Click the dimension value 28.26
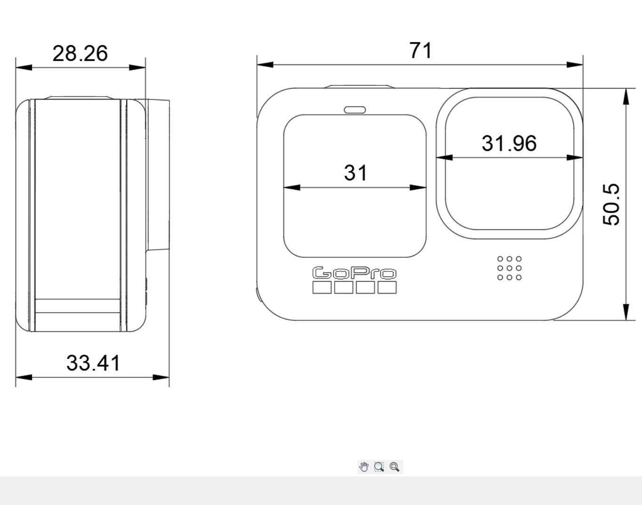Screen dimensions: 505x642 [x=80, y=53]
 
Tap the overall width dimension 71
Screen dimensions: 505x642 [x=420, y=50]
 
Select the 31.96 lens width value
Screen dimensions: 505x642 [x=509, y=143]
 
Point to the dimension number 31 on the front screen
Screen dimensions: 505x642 [x=355, y=172]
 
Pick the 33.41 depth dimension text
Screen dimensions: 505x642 [x=93, y=363]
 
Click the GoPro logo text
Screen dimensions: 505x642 [x=354, y=273]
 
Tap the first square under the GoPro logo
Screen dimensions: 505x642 [x=322, y=287]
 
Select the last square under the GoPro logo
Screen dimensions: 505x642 [x=387, y=287]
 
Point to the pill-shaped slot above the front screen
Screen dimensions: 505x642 [x=354, y=110]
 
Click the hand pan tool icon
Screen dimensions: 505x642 [x=364, y=467]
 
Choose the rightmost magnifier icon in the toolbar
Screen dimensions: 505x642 [x=395, y=467]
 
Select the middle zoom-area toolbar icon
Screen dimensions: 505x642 [x=379, y=467]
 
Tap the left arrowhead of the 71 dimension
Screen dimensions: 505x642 [x=265, y=64]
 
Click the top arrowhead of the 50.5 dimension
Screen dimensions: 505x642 [x=626, y=96]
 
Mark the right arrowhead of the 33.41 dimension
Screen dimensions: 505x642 [x=161, y=377]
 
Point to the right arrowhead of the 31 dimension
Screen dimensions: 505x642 [x=418, y=187]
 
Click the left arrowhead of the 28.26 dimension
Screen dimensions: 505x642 [x=24, y=67]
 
